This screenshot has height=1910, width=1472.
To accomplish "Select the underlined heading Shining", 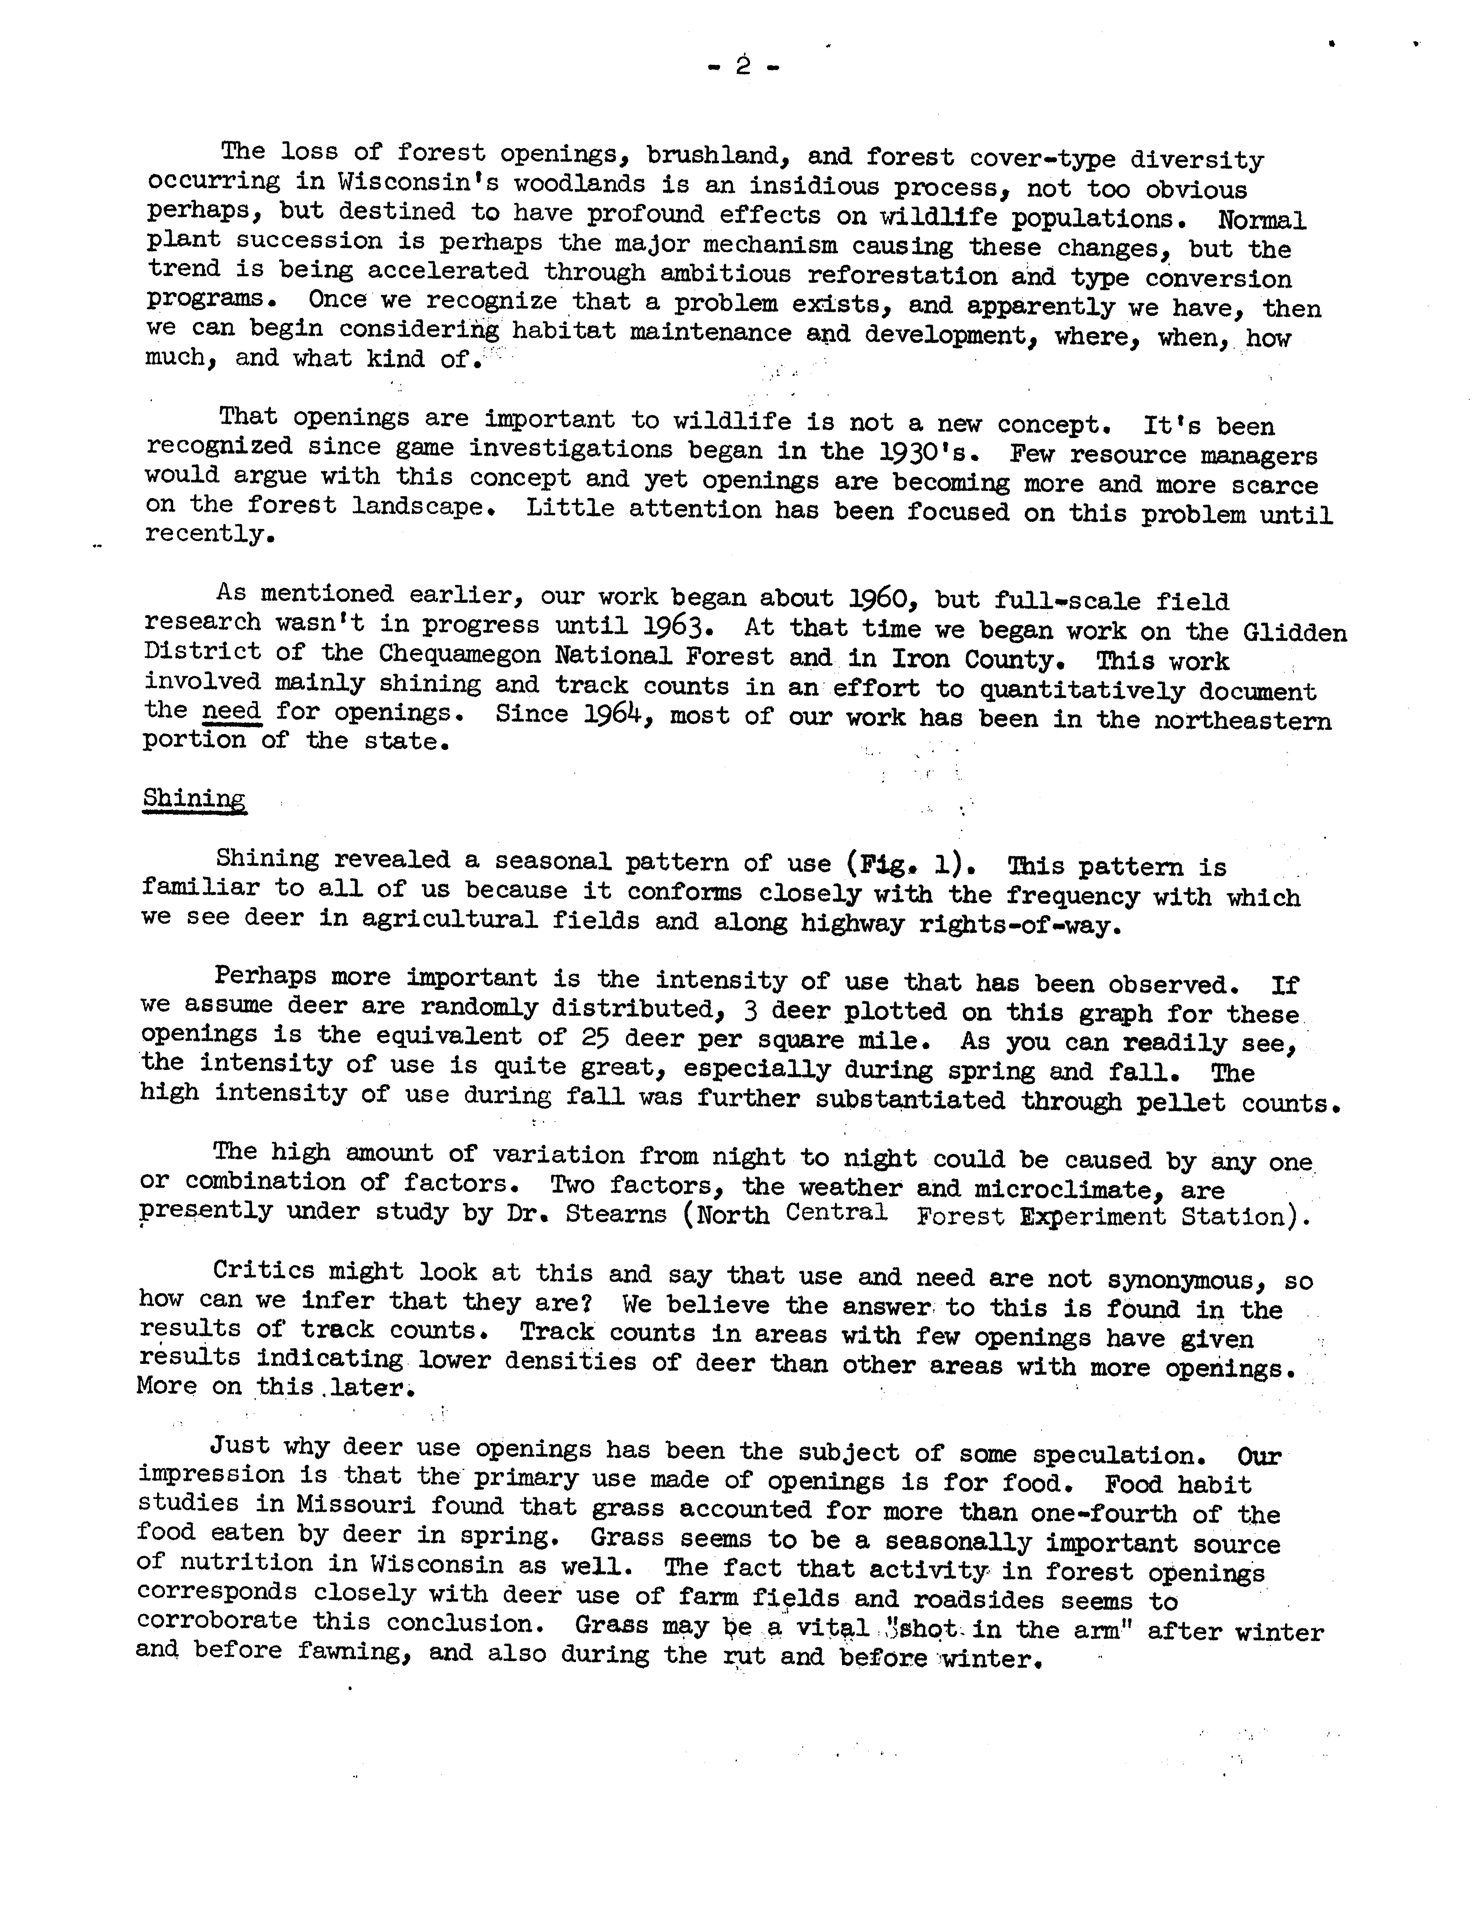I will (194, 798).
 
